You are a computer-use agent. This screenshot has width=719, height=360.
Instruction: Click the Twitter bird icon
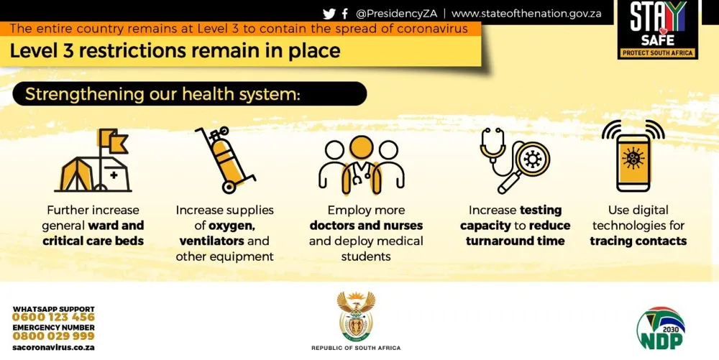tap(329, 14)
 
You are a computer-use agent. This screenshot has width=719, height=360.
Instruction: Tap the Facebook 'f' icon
tap(345, 14)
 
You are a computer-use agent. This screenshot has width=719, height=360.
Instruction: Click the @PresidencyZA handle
tap(397, 14)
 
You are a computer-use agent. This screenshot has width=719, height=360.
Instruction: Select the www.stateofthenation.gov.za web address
tap(526, 14)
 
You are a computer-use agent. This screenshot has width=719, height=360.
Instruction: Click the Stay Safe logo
tap(658, 29)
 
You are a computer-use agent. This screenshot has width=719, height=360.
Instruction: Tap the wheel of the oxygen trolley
tap(228, 186)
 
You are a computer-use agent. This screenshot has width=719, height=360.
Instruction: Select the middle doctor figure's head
tap(362, 148)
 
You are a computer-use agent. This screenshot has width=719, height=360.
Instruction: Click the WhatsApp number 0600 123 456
tap(54, 317)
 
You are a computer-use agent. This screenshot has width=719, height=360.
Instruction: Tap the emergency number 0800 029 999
tap(54, 336)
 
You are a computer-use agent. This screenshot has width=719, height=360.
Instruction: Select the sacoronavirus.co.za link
tap(54, 347)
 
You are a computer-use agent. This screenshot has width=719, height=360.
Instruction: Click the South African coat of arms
tap(356, 315)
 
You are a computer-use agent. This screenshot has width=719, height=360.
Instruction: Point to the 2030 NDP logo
tap(661, 328)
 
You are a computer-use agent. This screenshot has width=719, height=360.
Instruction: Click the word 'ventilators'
tap(211, 241)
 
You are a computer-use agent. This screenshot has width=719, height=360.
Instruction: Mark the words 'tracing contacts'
tap(638, 241)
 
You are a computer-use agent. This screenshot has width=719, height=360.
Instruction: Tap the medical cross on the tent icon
tap(114, 175)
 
